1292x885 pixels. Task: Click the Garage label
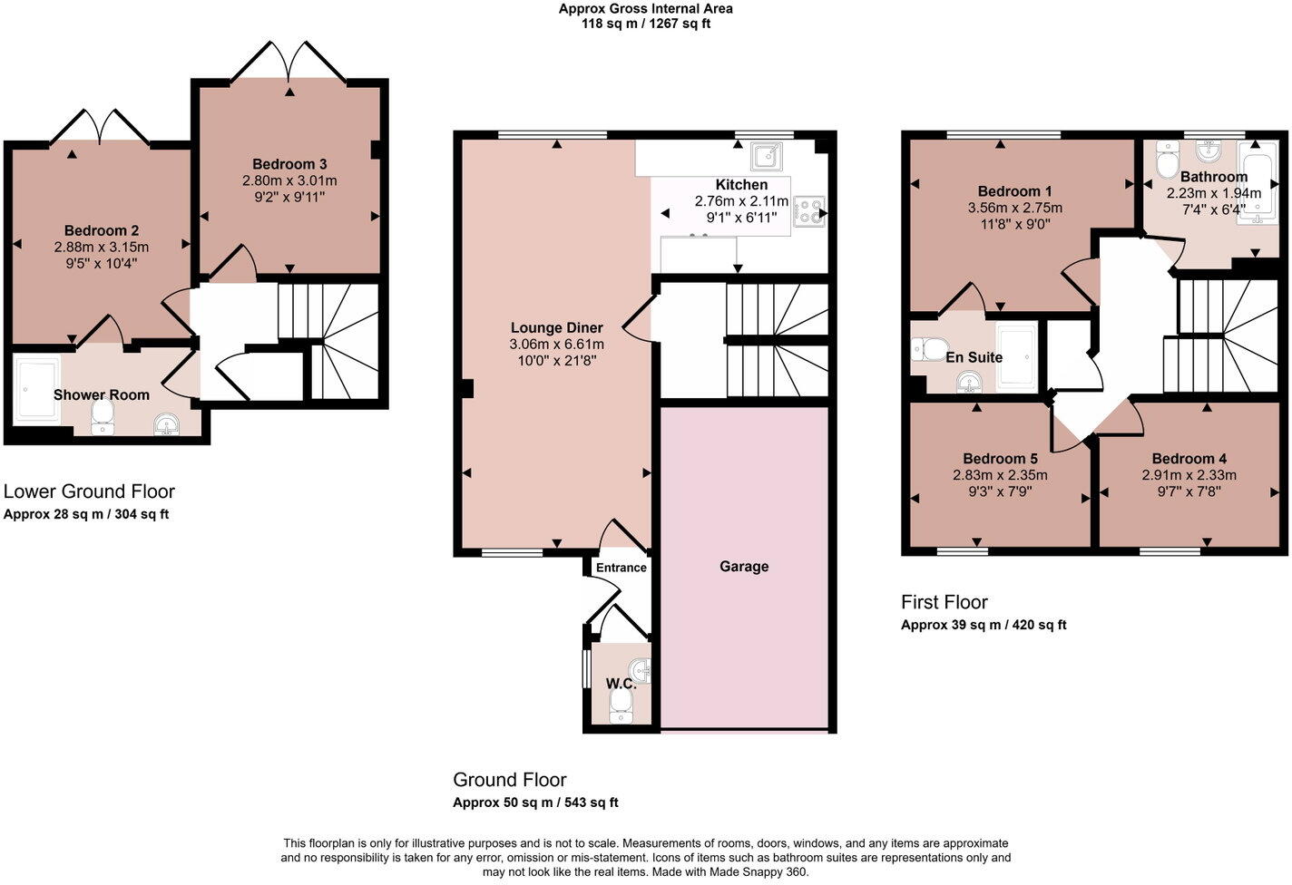click(743, 566)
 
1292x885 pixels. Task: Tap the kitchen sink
click(767, 157)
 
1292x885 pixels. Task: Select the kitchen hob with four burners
click(808, 211)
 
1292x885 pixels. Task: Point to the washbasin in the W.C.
click(641, 671)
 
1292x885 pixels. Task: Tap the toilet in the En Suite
click(929, 349)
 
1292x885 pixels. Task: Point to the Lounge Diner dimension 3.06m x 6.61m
click(556, 345)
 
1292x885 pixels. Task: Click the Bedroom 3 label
click(289, 164)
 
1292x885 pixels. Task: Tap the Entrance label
click(622, 568)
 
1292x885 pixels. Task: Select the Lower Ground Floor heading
click(89, 491)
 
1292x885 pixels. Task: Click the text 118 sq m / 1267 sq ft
click(646, 24)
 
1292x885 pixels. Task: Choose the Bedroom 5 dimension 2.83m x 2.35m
click(1000, 475)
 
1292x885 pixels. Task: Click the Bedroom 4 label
click(1189, 459)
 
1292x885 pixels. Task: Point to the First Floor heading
click(945, 602)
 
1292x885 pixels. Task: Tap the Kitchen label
click(742, 184)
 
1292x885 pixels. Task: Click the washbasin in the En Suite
click(969, 383)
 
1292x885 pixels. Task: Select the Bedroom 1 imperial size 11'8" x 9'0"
click(1015, 224)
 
